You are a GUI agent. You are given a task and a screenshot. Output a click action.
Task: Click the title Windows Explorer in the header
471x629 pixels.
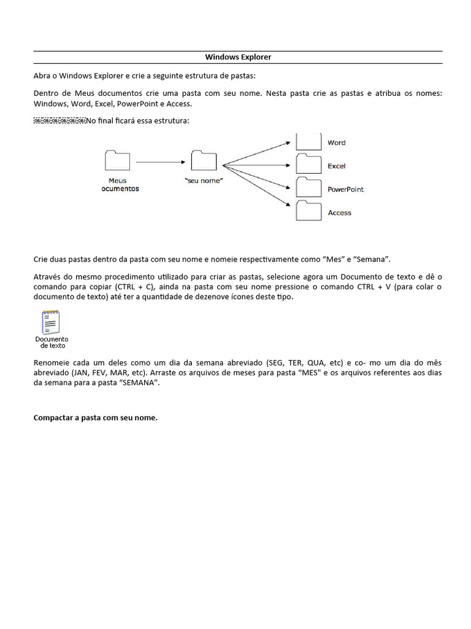237,57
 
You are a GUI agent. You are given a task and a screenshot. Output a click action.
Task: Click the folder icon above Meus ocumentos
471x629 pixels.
118,160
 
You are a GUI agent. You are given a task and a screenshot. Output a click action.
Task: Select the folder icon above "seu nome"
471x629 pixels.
204,160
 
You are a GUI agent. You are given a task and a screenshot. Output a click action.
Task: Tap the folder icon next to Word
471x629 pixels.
309,142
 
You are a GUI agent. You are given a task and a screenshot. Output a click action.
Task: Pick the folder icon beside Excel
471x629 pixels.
309,165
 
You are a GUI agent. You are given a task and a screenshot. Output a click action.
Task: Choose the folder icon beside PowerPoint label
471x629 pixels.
309,187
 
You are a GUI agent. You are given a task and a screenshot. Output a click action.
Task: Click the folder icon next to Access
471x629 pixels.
309,211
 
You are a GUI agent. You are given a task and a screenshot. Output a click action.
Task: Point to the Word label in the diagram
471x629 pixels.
336,143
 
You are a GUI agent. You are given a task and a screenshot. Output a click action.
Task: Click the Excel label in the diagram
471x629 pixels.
336,166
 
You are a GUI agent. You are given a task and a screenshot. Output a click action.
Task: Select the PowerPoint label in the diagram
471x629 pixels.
345,189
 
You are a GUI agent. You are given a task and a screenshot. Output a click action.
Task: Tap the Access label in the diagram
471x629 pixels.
339,213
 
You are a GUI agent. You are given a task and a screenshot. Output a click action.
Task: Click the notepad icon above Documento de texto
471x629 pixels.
50,322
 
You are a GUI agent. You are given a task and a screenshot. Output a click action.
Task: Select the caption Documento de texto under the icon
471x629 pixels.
52,342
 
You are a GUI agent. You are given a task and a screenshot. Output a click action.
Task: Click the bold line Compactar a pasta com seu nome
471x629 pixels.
96,418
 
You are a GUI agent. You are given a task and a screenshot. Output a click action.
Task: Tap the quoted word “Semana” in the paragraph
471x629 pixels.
372,259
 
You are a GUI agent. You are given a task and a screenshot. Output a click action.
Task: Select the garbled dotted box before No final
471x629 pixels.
59,120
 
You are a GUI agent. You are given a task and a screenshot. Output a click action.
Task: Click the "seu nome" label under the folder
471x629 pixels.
204,181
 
